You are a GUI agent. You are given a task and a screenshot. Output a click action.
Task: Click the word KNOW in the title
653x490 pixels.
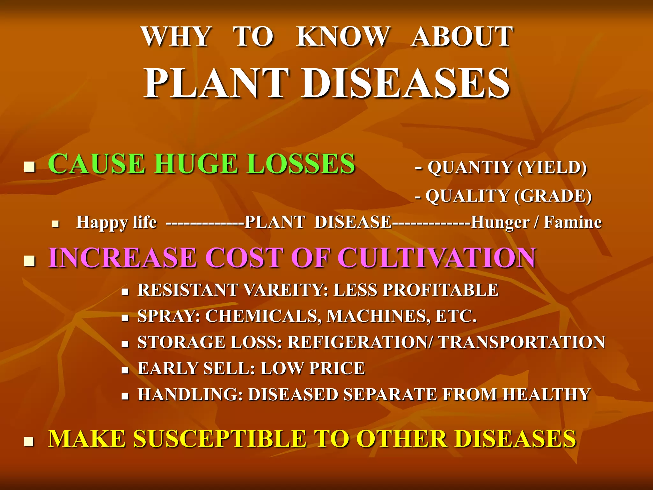click(x=343, y=37)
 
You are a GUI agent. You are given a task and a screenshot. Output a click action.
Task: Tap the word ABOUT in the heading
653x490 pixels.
click(x=462, y=37)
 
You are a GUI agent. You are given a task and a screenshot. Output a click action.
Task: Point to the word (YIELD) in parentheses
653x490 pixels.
click(x=552, y=167)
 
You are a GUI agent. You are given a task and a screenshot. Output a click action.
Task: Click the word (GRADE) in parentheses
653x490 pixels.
click(x=553, y=196)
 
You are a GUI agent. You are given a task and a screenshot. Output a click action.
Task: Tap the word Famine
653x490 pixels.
click(x=573, y=222)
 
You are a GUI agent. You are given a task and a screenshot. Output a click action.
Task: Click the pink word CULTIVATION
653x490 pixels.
click(x=436, y=258)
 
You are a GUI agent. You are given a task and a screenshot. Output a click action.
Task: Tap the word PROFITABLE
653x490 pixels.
click(x=441, y=290)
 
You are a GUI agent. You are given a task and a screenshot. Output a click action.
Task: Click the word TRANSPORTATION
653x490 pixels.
click(x=522, y=342)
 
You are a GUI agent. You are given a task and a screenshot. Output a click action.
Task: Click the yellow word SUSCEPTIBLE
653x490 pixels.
click(x=220, y=439)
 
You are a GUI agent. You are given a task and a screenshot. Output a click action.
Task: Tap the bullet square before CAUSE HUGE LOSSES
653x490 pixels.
click(x=29, y=166)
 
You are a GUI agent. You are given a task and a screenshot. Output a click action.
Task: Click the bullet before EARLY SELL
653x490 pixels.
click(x=125, y=370)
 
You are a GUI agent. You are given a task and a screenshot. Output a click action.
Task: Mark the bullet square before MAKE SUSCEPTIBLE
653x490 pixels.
click(x=29, y=442)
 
